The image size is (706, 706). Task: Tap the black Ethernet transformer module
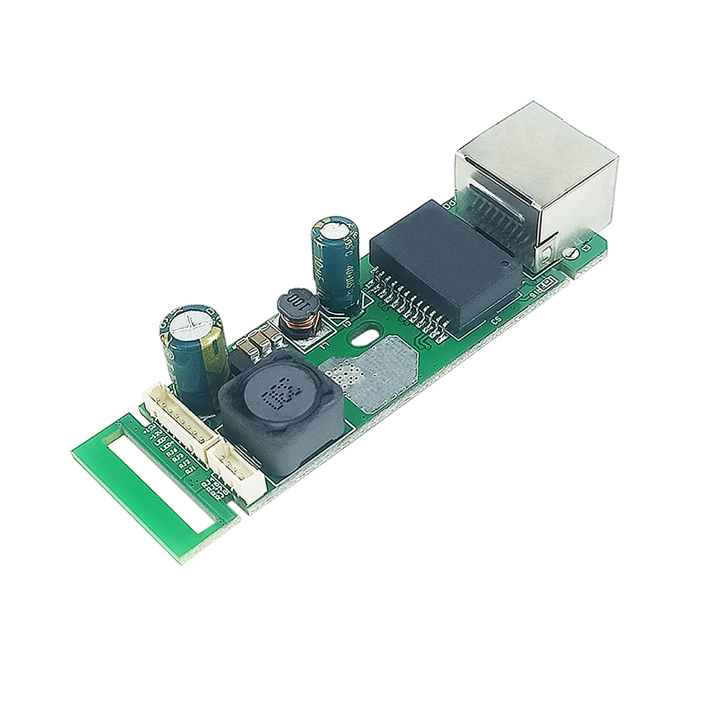click(441, 265)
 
